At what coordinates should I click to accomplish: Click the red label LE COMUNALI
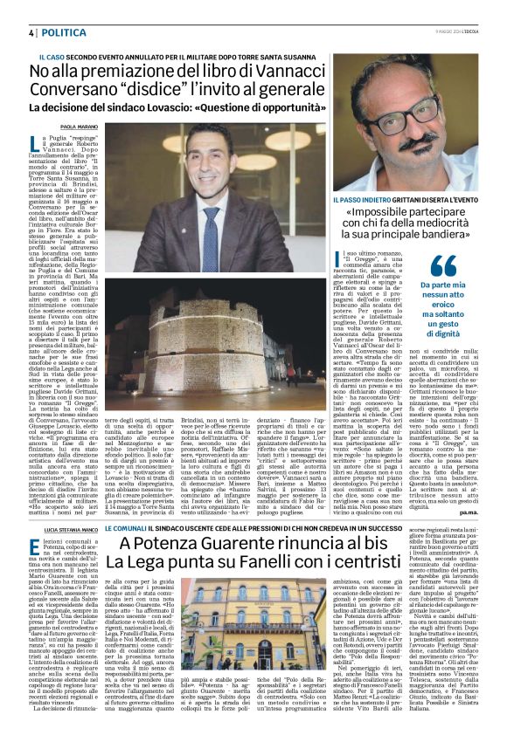click(125, 506)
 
